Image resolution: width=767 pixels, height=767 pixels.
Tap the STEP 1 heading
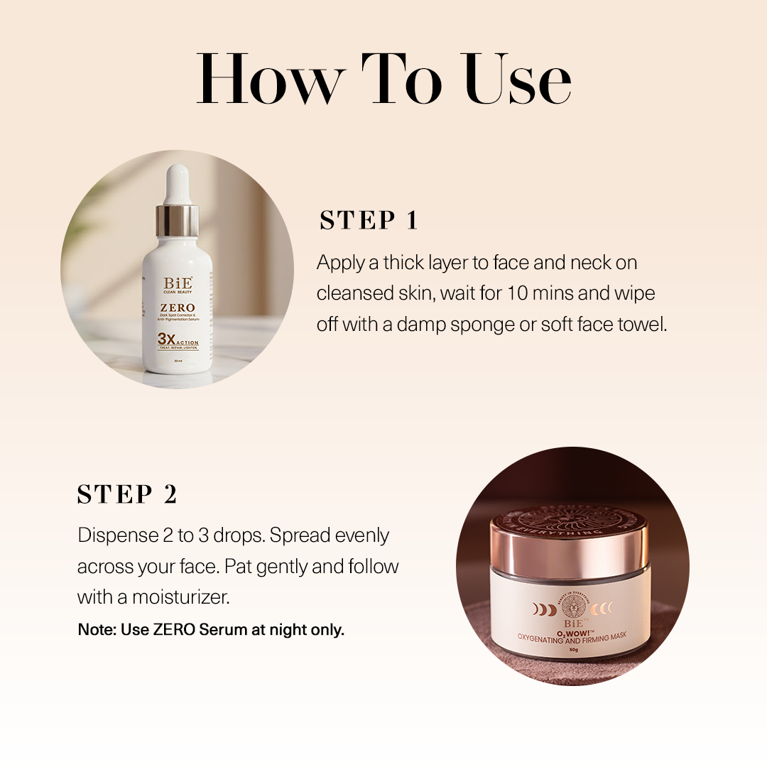(369, 220)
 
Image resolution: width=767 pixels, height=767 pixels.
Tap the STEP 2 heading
(127, 494)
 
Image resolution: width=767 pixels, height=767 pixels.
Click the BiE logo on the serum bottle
(178, 282)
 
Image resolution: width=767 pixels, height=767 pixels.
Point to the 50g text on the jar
(572, 649)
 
